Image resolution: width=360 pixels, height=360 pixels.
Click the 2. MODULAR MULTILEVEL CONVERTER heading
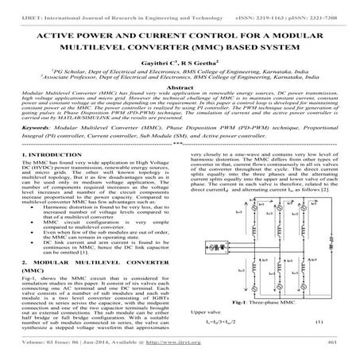pyautogui.click(x=79, y=261)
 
